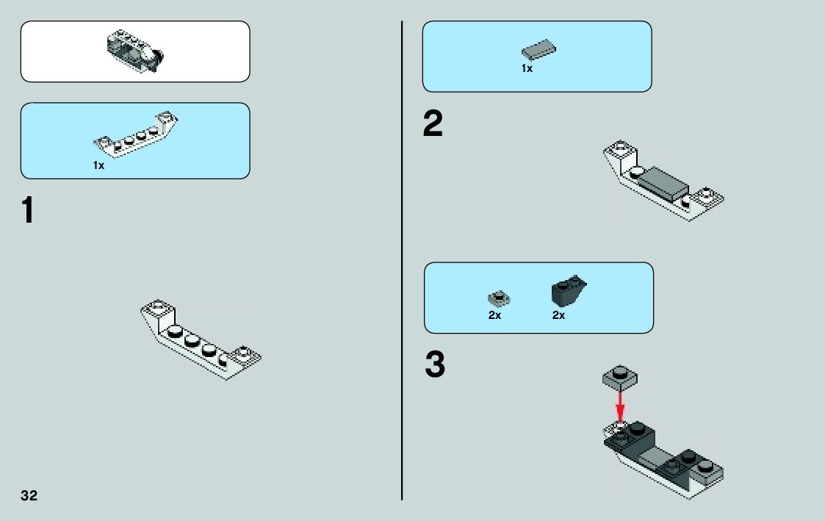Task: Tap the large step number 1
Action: tap(26, 211)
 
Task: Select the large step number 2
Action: tap(433, 125)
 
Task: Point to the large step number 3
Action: tap(435, 365)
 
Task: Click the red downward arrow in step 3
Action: tap(620, 404)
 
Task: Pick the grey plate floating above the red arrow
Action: tap(619, 378)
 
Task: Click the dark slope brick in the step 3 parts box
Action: tap(568, 292)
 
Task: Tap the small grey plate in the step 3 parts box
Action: tap(499, 298)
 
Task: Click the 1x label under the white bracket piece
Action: tap(98, 165)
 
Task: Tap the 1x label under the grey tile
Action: tap(527, 68)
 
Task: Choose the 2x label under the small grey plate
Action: tap(494, 315)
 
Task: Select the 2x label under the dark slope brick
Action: tap(558, 315)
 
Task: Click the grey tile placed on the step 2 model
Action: tap(663, 182)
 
